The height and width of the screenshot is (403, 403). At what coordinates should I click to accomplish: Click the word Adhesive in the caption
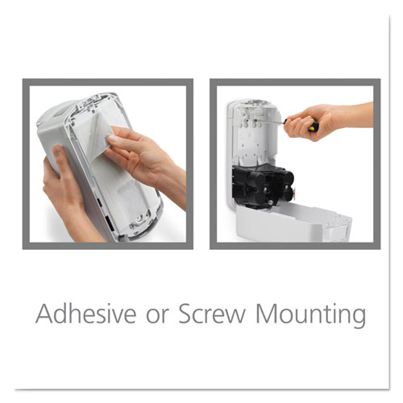84,313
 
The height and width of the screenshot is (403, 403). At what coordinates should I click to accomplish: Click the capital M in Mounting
268,313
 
